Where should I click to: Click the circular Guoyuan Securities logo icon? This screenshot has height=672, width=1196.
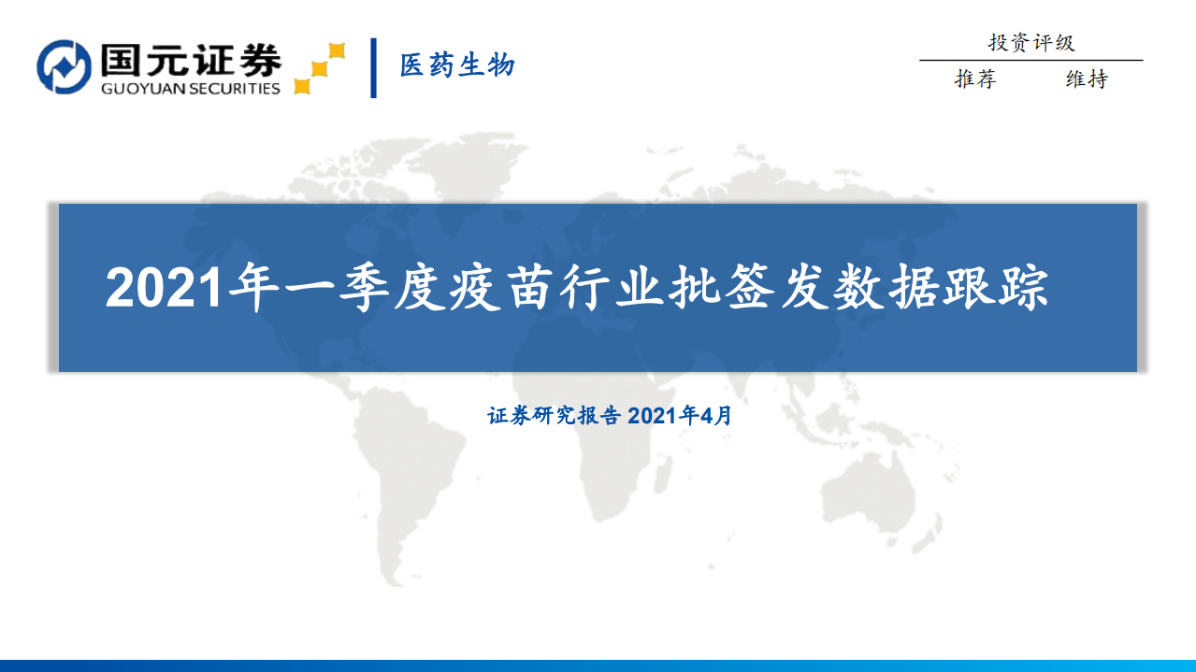(x=64, y=66)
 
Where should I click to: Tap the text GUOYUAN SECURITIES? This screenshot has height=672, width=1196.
(x=188, y=89)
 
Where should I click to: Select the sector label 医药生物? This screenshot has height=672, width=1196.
(x=457, y=65)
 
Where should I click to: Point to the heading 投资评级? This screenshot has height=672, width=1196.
(x=1031, y=42)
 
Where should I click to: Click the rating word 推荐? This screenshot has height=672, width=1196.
(x=975, y=80)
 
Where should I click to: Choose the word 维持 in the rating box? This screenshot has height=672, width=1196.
(x=1087, y=80)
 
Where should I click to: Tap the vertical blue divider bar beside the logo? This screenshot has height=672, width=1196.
(x=374, y=67)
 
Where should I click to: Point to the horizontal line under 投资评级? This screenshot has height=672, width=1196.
(x=1030, y=61)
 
